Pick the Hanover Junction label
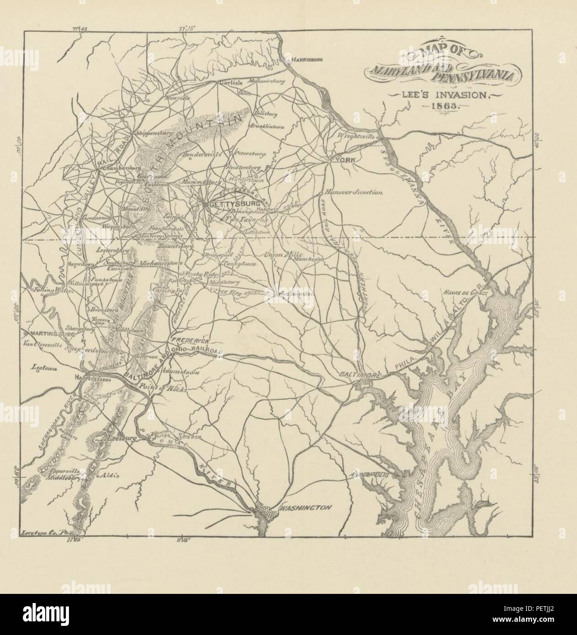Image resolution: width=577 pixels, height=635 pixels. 353,193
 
